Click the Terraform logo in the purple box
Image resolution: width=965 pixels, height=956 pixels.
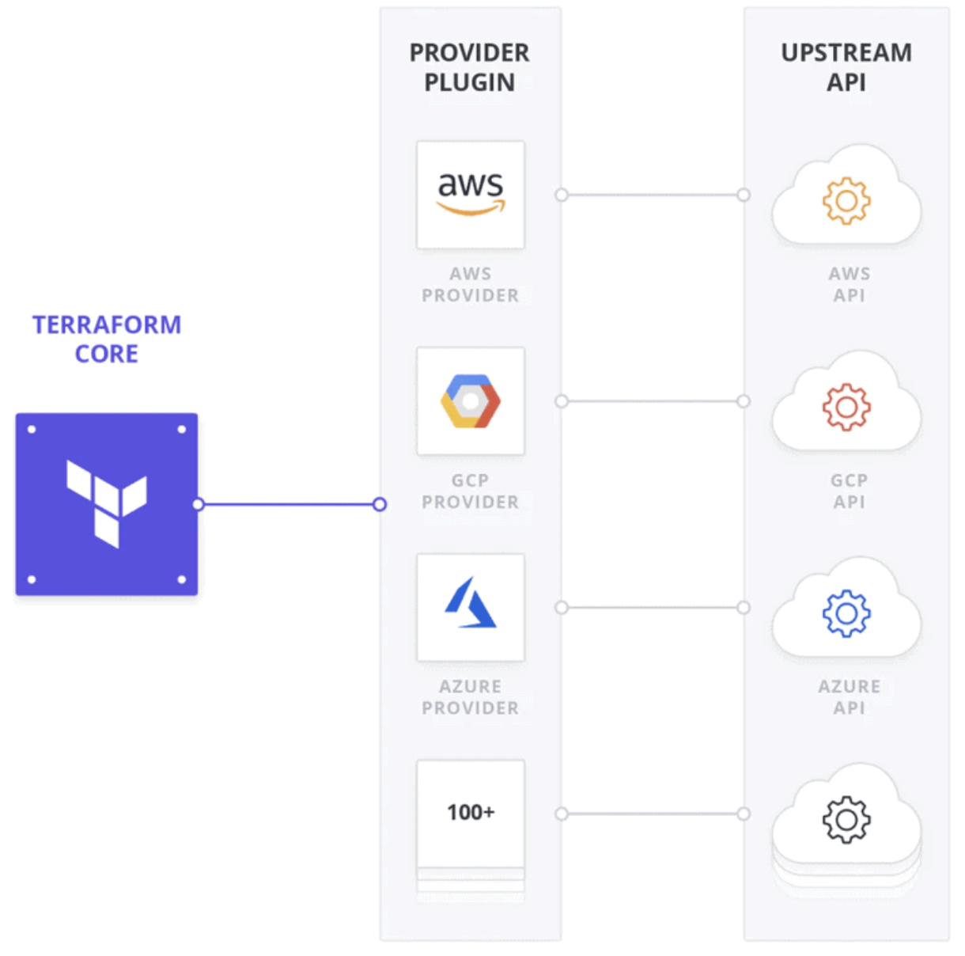coord(107,503)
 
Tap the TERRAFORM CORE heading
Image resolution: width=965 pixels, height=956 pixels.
coord(107,339)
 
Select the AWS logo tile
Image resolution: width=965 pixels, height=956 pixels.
coord(471,195)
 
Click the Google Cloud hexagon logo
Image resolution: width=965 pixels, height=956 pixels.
coord(471,401)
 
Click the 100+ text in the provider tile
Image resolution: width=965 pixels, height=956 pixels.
coord(471,813)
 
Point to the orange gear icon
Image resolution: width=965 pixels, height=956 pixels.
coord(846,200)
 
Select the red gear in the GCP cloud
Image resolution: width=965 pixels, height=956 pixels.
coord(846,407)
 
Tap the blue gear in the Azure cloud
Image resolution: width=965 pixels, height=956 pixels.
coord(846,613)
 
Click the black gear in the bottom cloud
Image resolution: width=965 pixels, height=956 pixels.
coord(846,820)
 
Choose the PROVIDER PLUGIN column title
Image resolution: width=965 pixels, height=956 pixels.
coord(470,67)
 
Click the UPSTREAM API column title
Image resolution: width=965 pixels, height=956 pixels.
coord(846,67)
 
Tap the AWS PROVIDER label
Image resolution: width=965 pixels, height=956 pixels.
coord(471,285)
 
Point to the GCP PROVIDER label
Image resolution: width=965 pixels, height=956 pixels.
coord(471,491)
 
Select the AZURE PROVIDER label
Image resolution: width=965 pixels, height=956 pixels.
coord(471,697)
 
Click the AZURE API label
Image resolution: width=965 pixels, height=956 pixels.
coord(850,697)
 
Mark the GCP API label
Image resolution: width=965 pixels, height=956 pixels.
coord(850,491)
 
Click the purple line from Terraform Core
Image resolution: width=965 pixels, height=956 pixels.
coord(289,504)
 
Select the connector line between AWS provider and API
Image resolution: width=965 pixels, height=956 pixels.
coord(653,195)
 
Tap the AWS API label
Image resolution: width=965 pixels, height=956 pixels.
coord(850,285)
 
